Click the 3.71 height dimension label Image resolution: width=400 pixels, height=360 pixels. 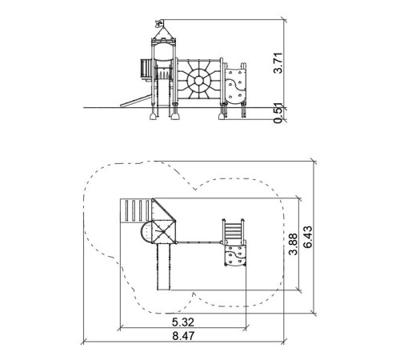(x=278, y=63)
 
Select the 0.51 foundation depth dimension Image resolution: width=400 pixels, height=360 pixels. (x=278, y=113)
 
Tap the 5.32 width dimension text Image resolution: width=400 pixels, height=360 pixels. (x=183, y=322)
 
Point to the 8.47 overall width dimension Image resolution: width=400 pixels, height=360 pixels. (x=183, y=336)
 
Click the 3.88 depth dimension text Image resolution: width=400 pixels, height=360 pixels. (x=294, y=244)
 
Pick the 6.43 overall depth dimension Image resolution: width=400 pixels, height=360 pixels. (x=308, y=237)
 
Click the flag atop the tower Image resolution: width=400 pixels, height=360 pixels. (x=158, y=23)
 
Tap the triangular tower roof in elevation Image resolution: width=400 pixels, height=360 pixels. (x=163, y=33)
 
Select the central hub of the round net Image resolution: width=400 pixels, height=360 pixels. (x=198, y=81)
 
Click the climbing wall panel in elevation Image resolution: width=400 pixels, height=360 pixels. (x=234, y=86)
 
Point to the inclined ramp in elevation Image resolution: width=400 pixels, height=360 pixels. (x=135, y=102)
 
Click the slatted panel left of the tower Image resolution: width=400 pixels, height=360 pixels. (x=145, y=69)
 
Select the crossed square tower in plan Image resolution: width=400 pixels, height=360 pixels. (x=164, y=232)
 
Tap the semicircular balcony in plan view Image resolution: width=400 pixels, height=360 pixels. (x=146, y=232)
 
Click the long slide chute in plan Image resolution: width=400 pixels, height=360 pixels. (x=163, y=266)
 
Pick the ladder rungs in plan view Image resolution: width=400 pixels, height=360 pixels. (x=234, y=231)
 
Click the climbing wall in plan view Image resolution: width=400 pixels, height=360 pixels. (x=234, y=255)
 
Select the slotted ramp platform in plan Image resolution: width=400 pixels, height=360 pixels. (x=136, y=210)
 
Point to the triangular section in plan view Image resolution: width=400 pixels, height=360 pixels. (x=164, y=210)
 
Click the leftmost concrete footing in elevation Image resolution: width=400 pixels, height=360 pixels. (x=153, y=116)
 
